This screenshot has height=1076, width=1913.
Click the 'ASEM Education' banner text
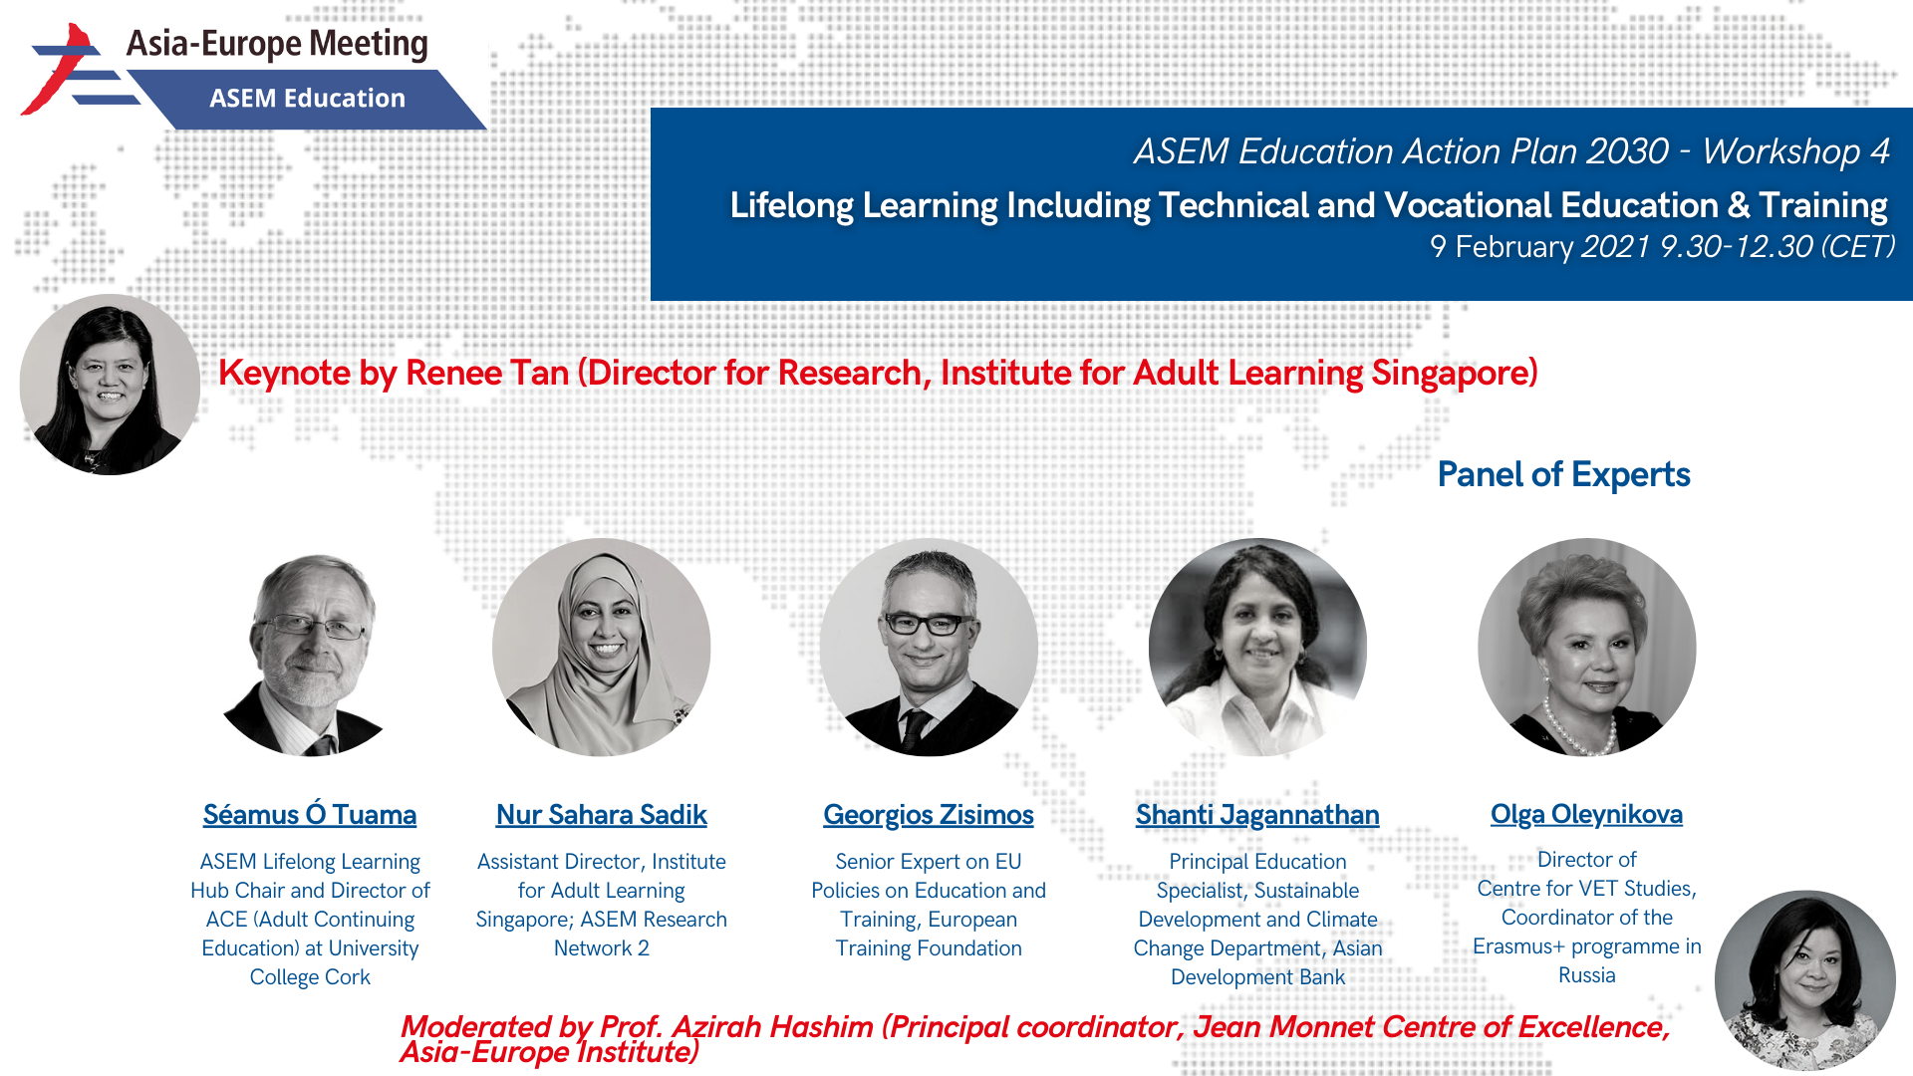307,99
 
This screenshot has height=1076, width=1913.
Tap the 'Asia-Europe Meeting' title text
277,44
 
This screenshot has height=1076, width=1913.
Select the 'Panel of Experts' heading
1563,474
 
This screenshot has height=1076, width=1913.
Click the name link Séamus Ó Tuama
310,815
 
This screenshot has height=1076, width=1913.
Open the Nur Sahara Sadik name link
602,815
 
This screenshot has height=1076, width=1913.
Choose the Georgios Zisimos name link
929,815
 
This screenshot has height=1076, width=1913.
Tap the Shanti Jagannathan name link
1257,815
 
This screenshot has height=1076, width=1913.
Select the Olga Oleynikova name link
1586,814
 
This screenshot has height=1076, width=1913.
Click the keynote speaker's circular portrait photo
110,385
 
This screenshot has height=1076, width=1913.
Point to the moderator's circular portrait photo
1804,980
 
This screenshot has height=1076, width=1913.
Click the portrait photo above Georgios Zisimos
929,648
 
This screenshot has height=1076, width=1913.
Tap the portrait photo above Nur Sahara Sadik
601,648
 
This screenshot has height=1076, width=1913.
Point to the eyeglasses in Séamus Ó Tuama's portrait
312,627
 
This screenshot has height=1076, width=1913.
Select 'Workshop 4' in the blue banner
1795,151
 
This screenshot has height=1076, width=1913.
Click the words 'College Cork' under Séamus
310,977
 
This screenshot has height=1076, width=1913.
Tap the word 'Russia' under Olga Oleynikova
1586,975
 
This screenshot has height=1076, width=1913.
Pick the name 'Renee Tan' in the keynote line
487,373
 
